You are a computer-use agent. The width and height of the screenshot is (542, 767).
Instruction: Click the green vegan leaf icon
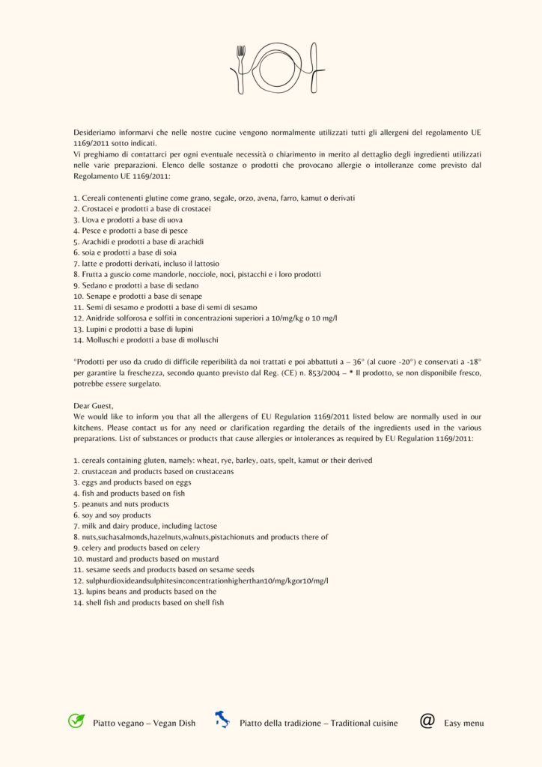76,721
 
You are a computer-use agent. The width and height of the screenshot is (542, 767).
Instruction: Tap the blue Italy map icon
222,721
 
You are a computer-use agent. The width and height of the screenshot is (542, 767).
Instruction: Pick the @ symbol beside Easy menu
427,721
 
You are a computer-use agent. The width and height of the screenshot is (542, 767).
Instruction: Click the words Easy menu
463,723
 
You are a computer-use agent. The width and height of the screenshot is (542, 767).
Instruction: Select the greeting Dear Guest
95,405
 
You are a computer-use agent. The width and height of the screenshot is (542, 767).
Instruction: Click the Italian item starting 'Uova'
132,220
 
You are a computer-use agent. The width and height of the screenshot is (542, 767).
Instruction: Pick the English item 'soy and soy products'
114,515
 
